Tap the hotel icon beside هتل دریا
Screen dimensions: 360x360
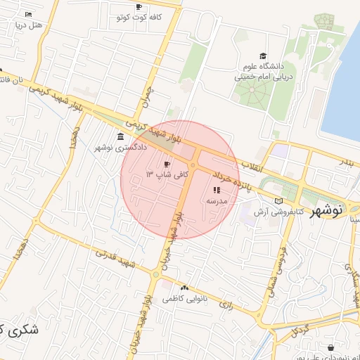click(x=28, y=15)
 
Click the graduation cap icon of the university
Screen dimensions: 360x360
click(x=263, y=56)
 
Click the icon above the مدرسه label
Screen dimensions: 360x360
click(x=217, y=190)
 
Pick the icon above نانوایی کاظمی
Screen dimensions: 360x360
click(x=184, y=288)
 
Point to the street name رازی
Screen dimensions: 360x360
click(x=226, y=305)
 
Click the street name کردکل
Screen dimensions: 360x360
click(x=298, y=329)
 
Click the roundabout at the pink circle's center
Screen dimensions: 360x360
click(x=192, y=165)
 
